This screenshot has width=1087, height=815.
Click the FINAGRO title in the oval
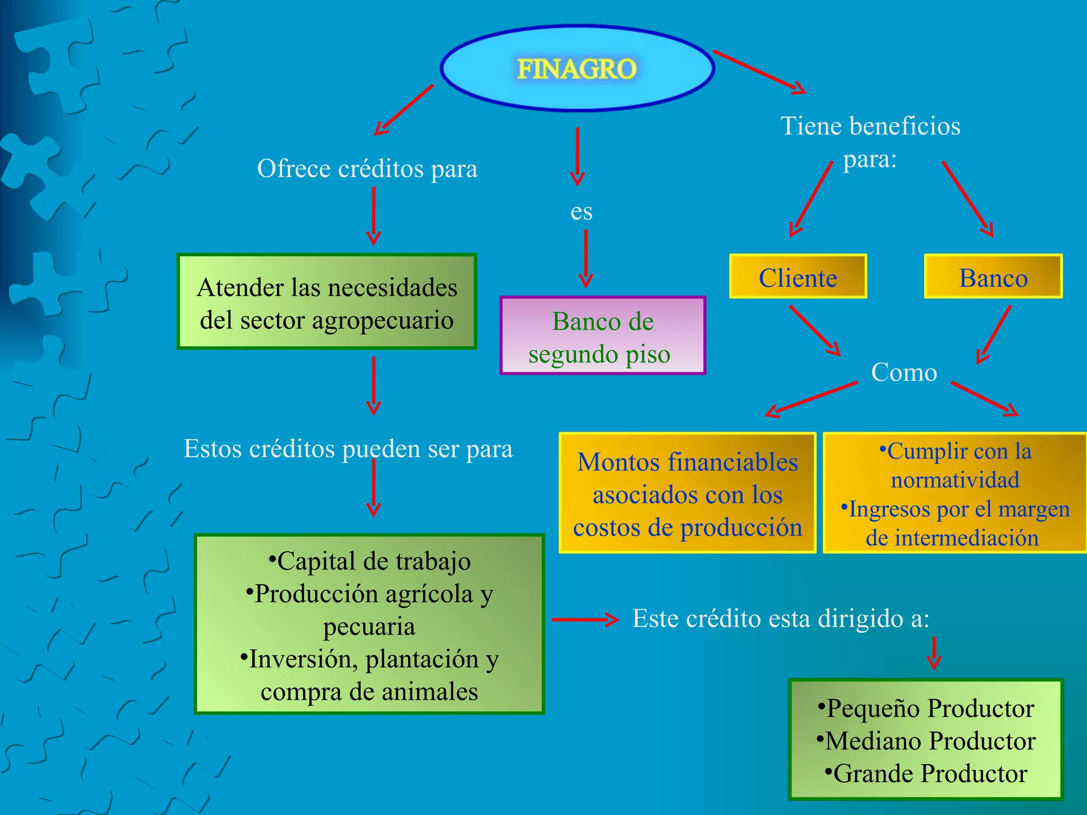pos(577,69)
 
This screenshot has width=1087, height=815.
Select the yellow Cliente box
pos(798,277)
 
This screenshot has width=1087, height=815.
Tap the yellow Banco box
pos(993,277)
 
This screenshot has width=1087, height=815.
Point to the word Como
pos(904,372)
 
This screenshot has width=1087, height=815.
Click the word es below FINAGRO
pos(581,212)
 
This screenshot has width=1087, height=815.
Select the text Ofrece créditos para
pos(367,169)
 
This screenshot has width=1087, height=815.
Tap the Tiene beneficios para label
pos(870,142)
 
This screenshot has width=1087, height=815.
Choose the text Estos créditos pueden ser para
pos(348,449)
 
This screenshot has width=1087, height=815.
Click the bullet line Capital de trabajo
pos(370,561)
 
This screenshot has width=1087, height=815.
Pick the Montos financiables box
pos(687,494)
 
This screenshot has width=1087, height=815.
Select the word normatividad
pos(955,480)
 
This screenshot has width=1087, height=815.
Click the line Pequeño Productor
pos(927,708)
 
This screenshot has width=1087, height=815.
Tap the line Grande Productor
pos(927,774)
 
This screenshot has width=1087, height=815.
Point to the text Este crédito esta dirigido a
pos(781,619)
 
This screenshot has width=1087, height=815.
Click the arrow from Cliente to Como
pos(815,331)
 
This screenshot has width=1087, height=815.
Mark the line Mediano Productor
pos(927,741)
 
